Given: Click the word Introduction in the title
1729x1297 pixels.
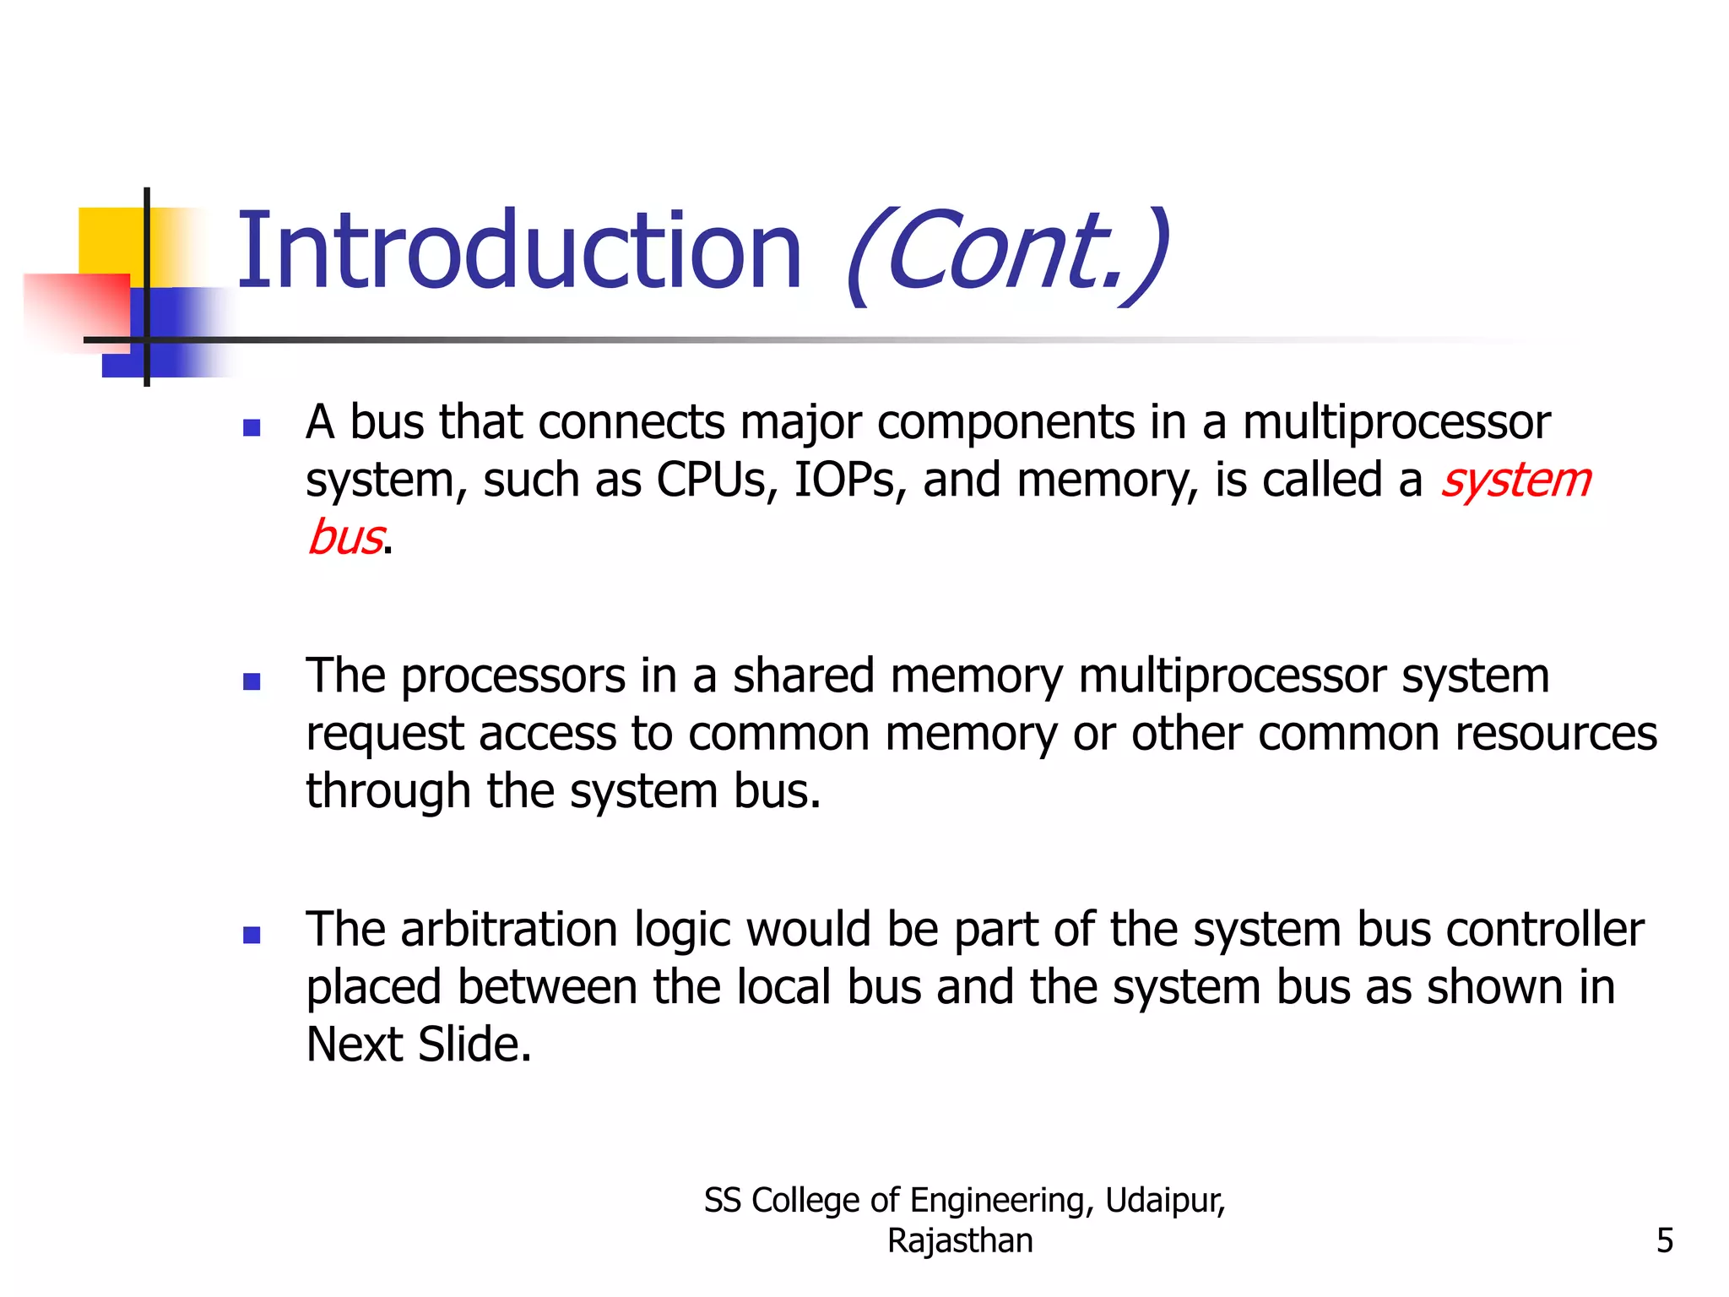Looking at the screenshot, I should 518,252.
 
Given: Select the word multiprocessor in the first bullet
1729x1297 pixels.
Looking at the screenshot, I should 1396,422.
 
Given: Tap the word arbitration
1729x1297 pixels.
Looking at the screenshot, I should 509,930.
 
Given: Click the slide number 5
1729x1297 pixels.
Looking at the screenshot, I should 1664,1240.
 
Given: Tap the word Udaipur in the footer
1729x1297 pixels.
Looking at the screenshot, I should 1164,1200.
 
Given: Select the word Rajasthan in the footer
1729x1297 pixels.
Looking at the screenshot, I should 960,1240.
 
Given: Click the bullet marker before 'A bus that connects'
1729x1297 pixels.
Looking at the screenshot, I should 252,427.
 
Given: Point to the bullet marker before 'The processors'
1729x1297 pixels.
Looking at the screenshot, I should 252,681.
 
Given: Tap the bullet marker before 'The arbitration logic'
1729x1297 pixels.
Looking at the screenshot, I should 252,935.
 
